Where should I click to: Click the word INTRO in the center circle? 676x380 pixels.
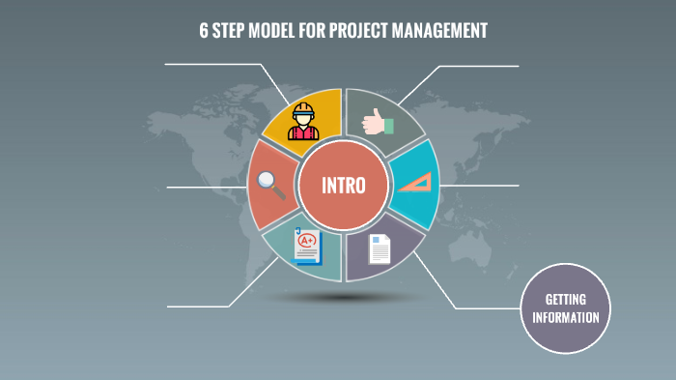pyautogui.click(x=342, y=185)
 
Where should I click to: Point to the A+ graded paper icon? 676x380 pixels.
pyautogui.click(x=305, y=246)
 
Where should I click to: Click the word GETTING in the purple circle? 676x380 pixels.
pyautogui.click(x=565, y=299)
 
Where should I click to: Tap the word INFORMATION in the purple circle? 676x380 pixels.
pyautogui.click(x=565, y=316)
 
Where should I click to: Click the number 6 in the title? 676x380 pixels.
pyautogui.click(x=204, y=31)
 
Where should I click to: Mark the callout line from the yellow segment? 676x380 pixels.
pyautogui.click(x=212, y=65)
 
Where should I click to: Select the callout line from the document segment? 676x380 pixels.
pyautogui.click(x=483, y=308)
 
